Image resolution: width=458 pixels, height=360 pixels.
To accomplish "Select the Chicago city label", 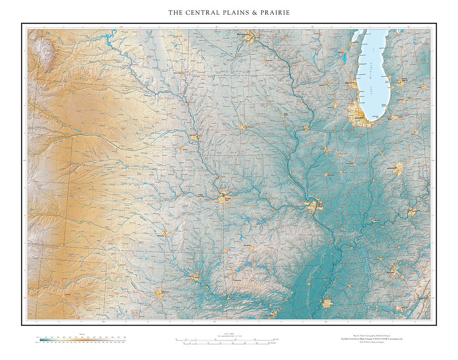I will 359,118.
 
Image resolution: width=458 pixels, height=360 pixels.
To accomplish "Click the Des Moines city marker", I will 242,127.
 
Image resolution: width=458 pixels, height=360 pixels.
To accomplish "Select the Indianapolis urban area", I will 398,169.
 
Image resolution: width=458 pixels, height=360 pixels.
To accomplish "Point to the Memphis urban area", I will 327,303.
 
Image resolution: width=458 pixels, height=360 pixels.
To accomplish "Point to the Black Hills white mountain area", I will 42,51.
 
